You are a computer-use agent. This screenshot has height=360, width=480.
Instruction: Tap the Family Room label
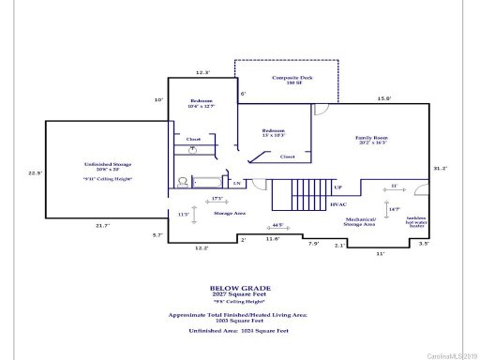(x=371, y=142)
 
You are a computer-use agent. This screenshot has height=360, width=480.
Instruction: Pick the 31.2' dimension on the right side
(x=440, y=169)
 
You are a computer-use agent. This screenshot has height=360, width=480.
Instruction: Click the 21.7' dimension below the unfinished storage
(x=103, y=226)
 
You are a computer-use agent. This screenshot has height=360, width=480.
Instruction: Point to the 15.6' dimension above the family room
(x=384, y=98)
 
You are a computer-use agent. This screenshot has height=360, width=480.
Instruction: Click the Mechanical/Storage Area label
(x=360, y=222)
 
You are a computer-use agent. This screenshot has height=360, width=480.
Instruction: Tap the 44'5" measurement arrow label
(x=277, y=225)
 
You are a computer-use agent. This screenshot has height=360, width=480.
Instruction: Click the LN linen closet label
(x=237, y=182)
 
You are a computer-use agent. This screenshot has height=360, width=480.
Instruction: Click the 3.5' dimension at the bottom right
(x=424, y=244)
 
